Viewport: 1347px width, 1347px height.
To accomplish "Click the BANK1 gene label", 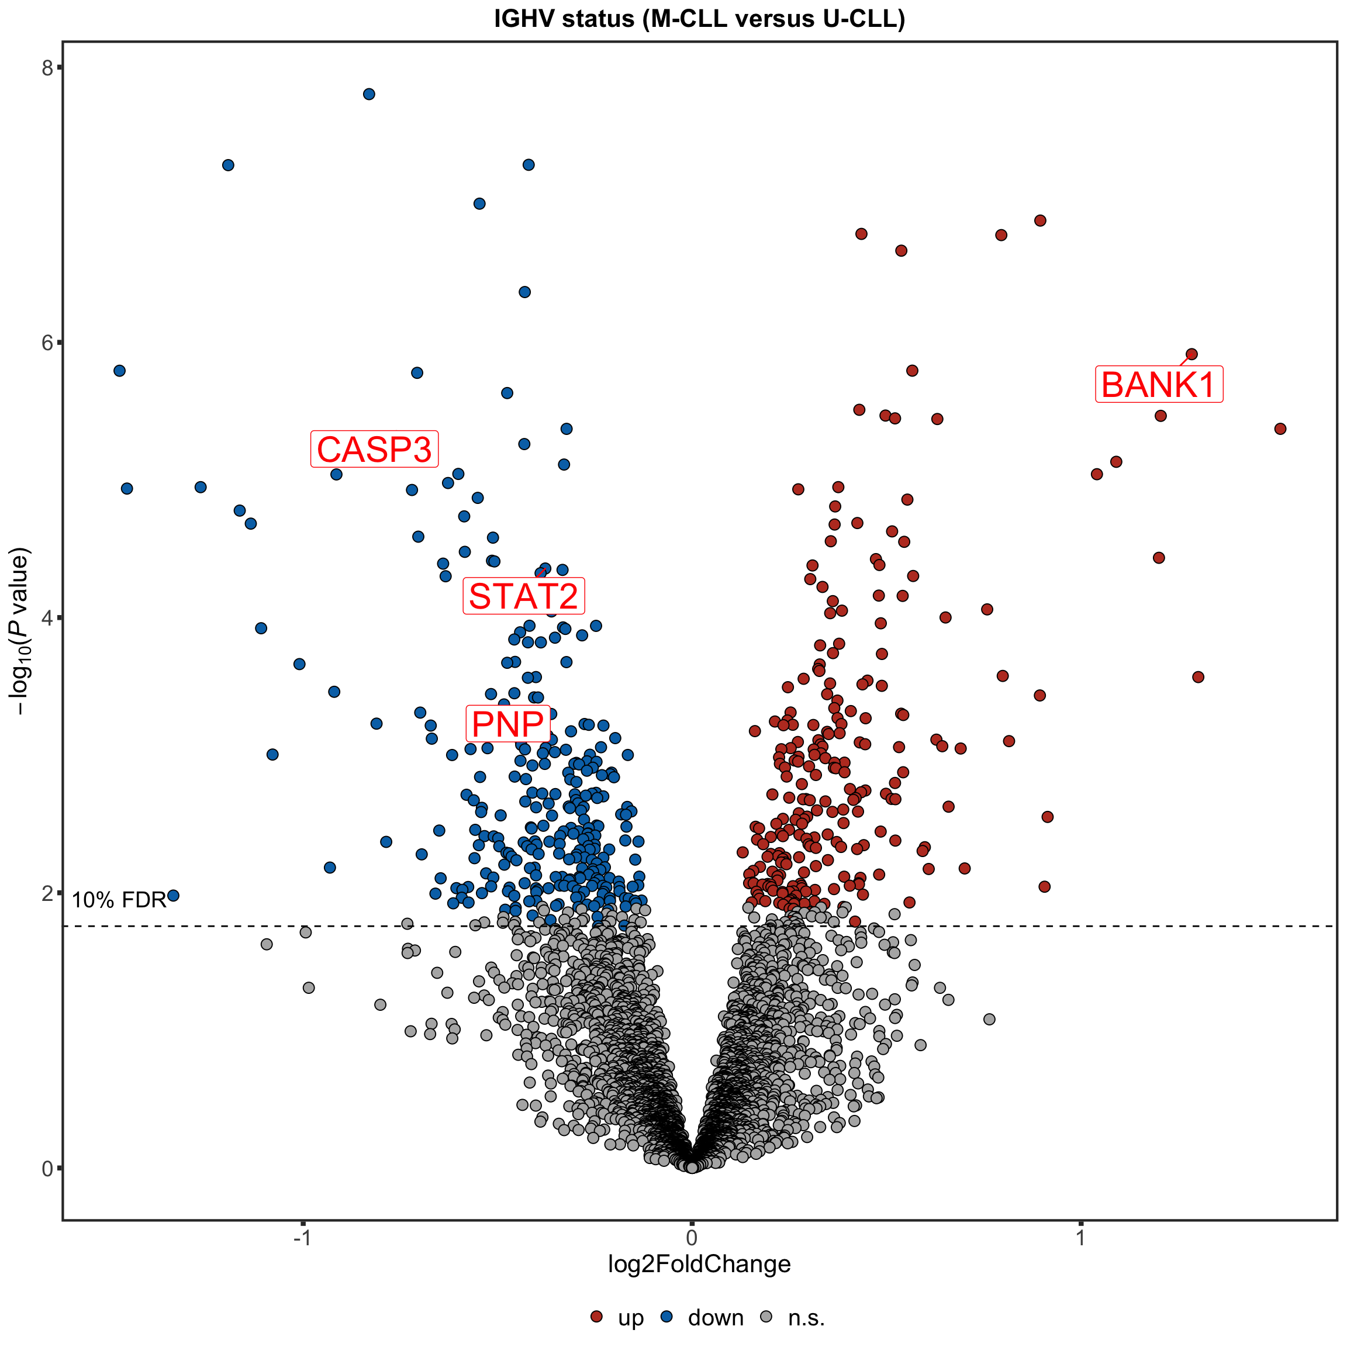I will tap(1159, 384).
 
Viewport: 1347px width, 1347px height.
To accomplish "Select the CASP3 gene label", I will tap(374, 449).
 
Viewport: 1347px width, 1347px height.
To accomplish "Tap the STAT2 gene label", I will tap(524, 596).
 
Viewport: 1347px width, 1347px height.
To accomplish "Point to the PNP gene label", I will tap(507, 724).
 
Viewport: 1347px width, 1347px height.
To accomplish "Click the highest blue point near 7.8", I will tap(369, 94).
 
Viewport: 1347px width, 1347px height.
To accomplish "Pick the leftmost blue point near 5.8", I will tap(119, 370).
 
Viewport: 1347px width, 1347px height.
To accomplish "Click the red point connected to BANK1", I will tap(1191, 354).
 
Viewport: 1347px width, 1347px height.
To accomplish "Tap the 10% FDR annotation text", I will tap(119, 900).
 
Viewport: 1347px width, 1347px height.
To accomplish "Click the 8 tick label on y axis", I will tap(47, 68).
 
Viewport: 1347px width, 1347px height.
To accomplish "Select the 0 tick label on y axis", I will tap(47, 1169).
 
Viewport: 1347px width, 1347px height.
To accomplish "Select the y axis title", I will tap(19, 631).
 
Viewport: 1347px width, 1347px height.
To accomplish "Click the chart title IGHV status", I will tap(699, 19).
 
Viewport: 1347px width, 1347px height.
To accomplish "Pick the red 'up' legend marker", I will tap(596, 1317).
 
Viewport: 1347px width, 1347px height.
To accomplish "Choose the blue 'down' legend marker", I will tap(667, 1317).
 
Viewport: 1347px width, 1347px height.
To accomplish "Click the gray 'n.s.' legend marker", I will tap(766, 1317).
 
